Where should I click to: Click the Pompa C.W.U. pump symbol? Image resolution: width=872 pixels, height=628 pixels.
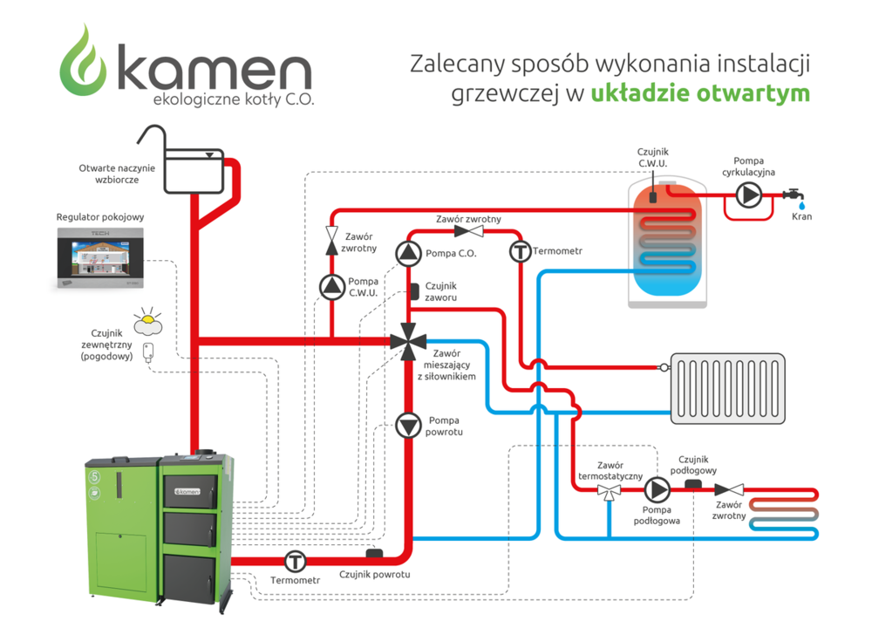pyautogui.click(x=331, y=286)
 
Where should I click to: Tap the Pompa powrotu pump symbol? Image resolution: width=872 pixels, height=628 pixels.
pyautogui.click(x=408, y=425)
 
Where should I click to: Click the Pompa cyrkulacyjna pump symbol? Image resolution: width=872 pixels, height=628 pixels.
pyautogui.click(x=748, y=195)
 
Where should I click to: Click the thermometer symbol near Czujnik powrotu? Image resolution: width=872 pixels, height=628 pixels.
pyautogui.click(x=296, y=560)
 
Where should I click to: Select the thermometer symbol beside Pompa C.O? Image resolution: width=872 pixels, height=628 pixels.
pyautogui.click(x=520, y=253)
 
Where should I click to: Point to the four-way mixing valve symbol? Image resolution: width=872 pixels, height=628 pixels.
pyautogui.click(x=408, y=339)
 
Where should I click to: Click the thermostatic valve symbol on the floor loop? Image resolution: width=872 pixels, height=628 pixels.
pyautogui.click(x=608, y=491)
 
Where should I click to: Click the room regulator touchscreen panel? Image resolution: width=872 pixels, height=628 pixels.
pyautogui.click(x=100, y=259)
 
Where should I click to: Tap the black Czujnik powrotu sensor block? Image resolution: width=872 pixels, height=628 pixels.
pyautogui.click(x=376, y=553)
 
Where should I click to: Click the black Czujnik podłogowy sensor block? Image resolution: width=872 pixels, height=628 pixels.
pyautogui.click(x=693, y=482)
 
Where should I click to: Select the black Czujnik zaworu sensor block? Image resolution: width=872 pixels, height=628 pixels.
pyautogui.click(x=415, y=290)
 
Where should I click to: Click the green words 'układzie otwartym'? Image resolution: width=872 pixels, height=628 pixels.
pyautogui.click(x=700, y=92)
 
